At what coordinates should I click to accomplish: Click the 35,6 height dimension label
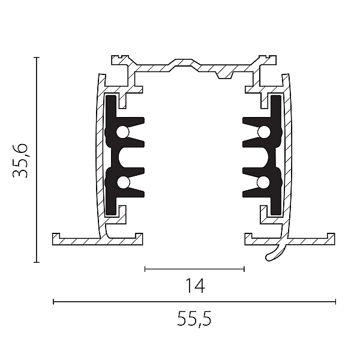coord(20,161)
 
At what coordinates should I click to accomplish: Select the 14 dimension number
coord(195,286)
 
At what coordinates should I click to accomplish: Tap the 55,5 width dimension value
coord(194,319)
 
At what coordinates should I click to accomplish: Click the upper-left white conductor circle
coord(122,132)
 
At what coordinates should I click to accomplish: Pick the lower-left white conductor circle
coord(123,182)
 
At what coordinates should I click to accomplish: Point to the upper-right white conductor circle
coord(264,132)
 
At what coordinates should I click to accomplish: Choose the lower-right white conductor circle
coord(263,182)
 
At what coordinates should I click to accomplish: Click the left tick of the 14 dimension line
coord(145,269)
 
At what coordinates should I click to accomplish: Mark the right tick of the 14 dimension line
coord(244,269)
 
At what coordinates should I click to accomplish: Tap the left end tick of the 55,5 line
coord(53,301)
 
